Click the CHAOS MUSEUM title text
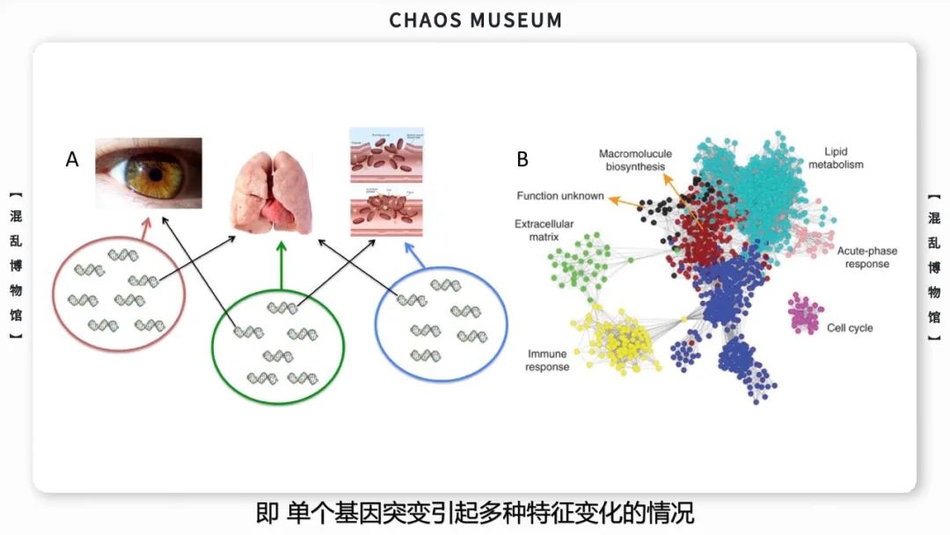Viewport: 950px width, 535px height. click(475, 20)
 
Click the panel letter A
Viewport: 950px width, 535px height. click(72, 159)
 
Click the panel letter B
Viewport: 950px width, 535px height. click(522, 159)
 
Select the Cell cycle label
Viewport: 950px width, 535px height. click(850, 328)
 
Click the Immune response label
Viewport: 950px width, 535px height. click(547, 360)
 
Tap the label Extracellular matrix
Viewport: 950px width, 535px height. click(537, 231)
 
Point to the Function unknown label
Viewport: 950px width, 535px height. click(560, 195)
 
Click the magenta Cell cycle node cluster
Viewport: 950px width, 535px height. click(804, 312)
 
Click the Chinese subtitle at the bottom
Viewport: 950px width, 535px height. click(475, 512)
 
